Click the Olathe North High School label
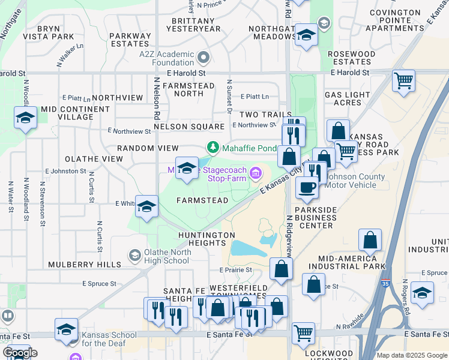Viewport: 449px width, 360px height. pyautogui.click(x=167, y=256)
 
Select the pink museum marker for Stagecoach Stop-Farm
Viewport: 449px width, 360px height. pyautogui.click(x=256, y=174)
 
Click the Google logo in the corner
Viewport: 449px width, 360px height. pyautogui.click(x=20, y=353)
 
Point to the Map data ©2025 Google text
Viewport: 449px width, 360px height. pyautogui.click(x=411, y=355)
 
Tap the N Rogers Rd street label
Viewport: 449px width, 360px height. pyautogui.click(x=406, y=297)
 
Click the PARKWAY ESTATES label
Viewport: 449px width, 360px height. pyautogui.click(x=130, y=40)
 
